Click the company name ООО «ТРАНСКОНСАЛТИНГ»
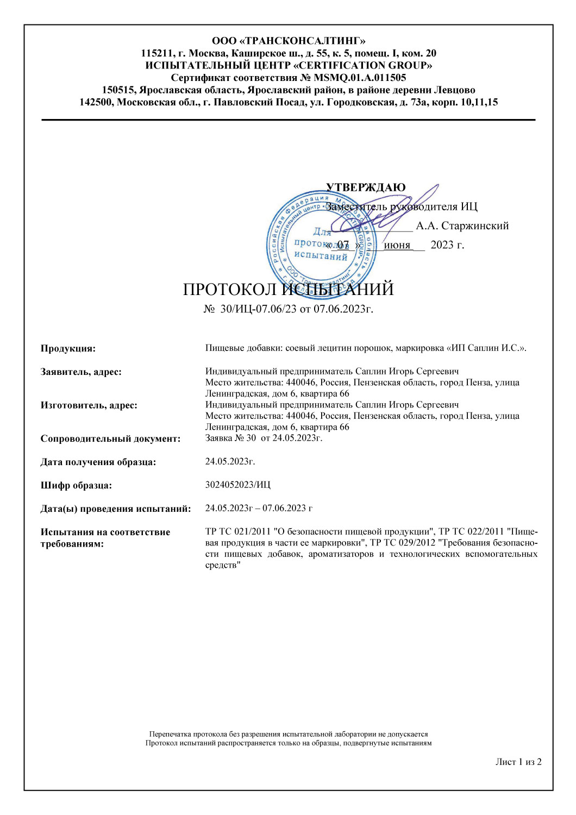288,41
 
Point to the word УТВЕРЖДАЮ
366,187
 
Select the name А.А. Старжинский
462,226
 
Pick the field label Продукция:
68,349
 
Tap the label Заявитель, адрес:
81,372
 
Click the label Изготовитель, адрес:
89,405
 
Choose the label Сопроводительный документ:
110,439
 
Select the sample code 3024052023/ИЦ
237,485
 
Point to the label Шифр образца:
76,486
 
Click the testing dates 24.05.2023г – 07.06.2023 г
259,508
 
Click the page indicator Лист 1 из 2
518,762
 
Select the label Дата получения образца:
98,462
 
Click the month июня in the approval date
397,245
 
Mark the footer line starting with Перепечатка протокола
289,734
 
